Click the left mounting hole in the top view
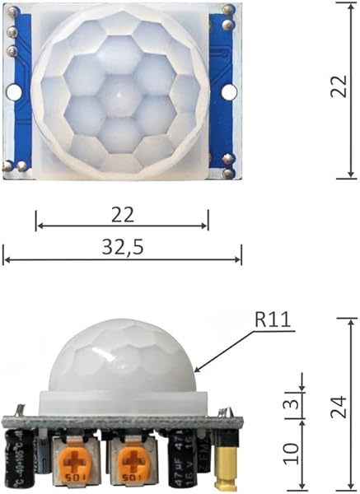15,91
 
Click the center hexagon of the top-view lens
121,96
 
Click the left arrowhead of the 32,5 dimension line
6,259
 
